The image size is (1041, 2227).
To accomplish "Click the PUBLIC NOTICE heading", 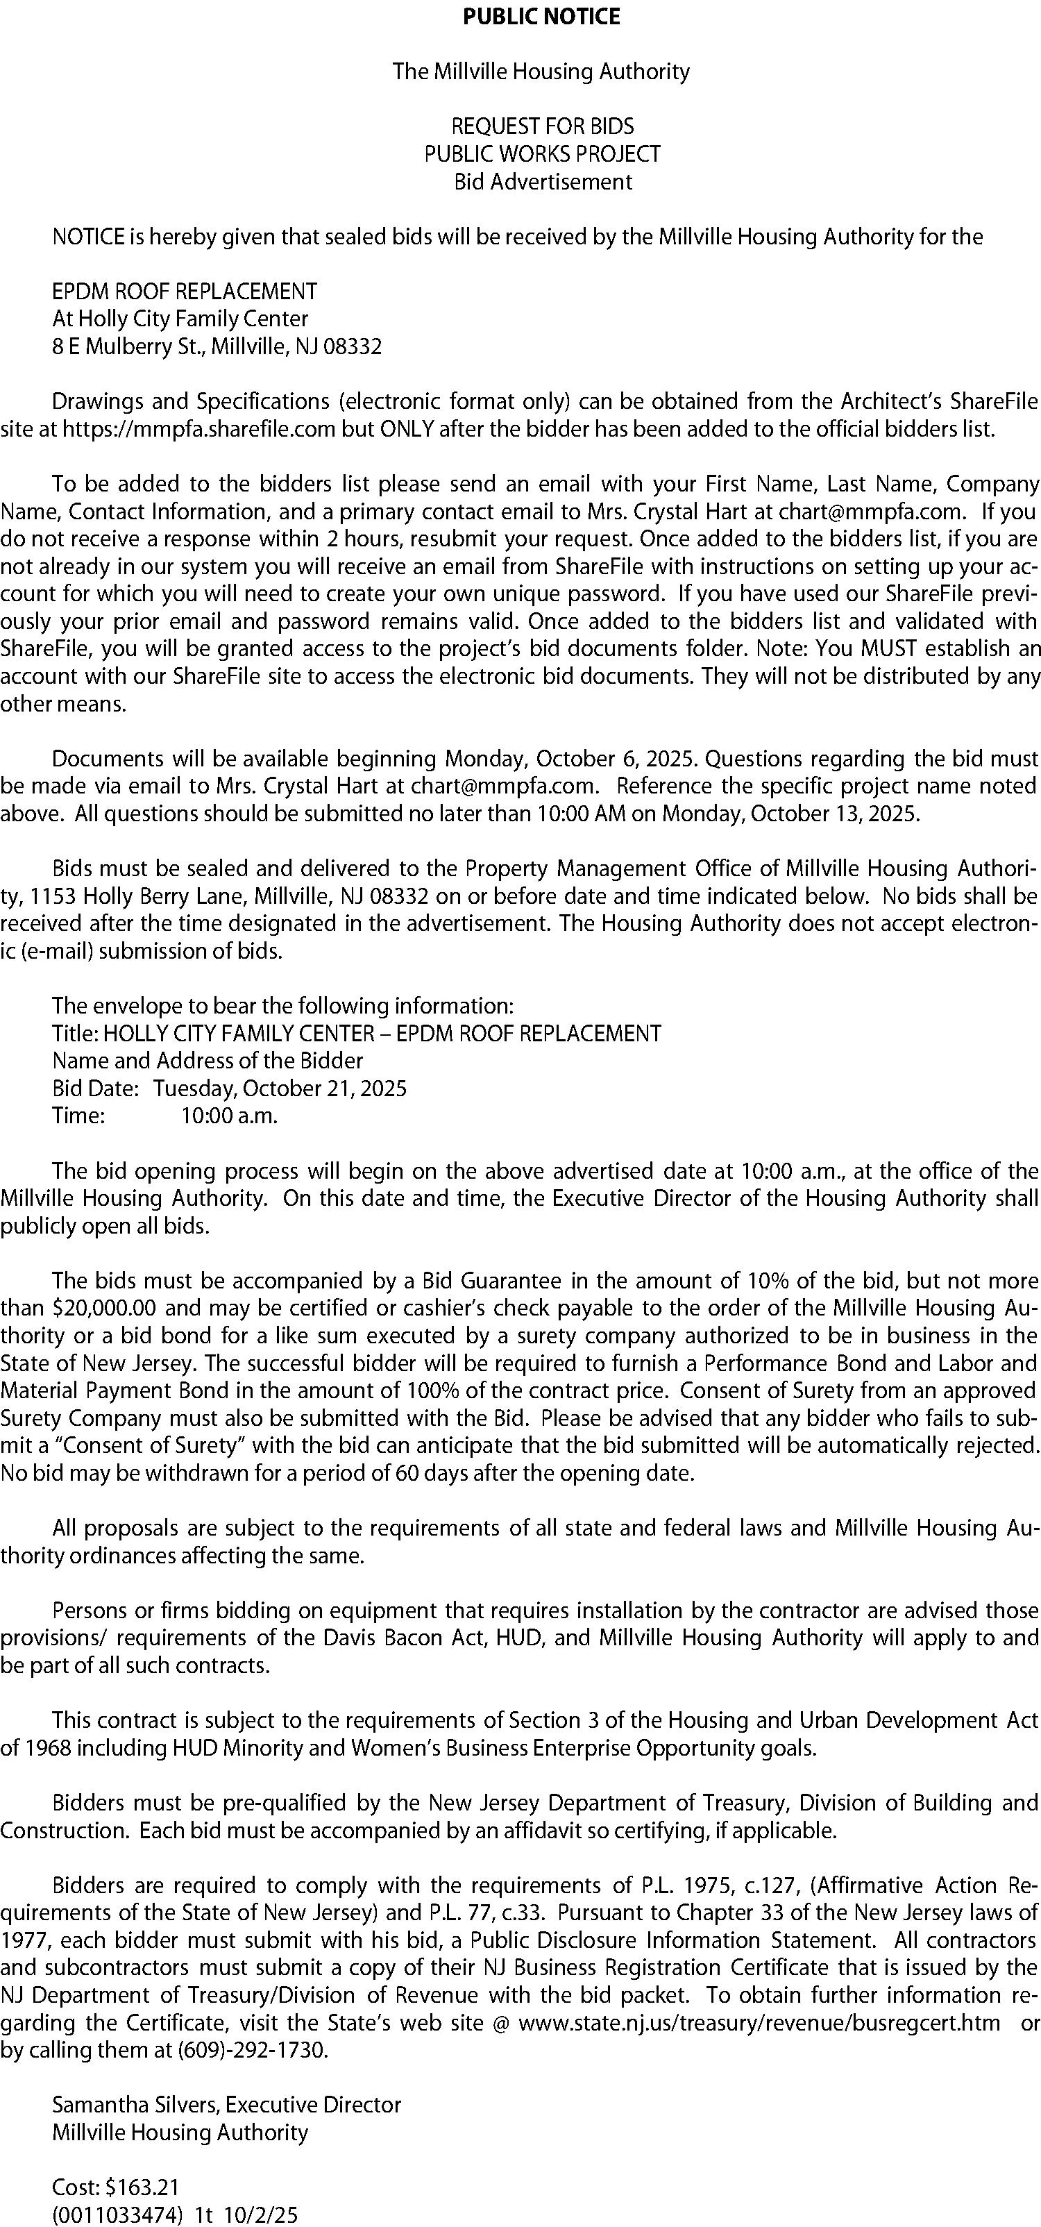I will pyautogui.click(x=541, y=17).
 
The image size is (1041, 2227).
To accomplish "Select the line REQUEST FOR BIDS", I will pyautogui.click(x=542, y=126).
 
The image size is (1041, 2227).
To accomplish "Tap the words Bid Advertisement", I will pyautogui.click(x=543, y=182).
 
